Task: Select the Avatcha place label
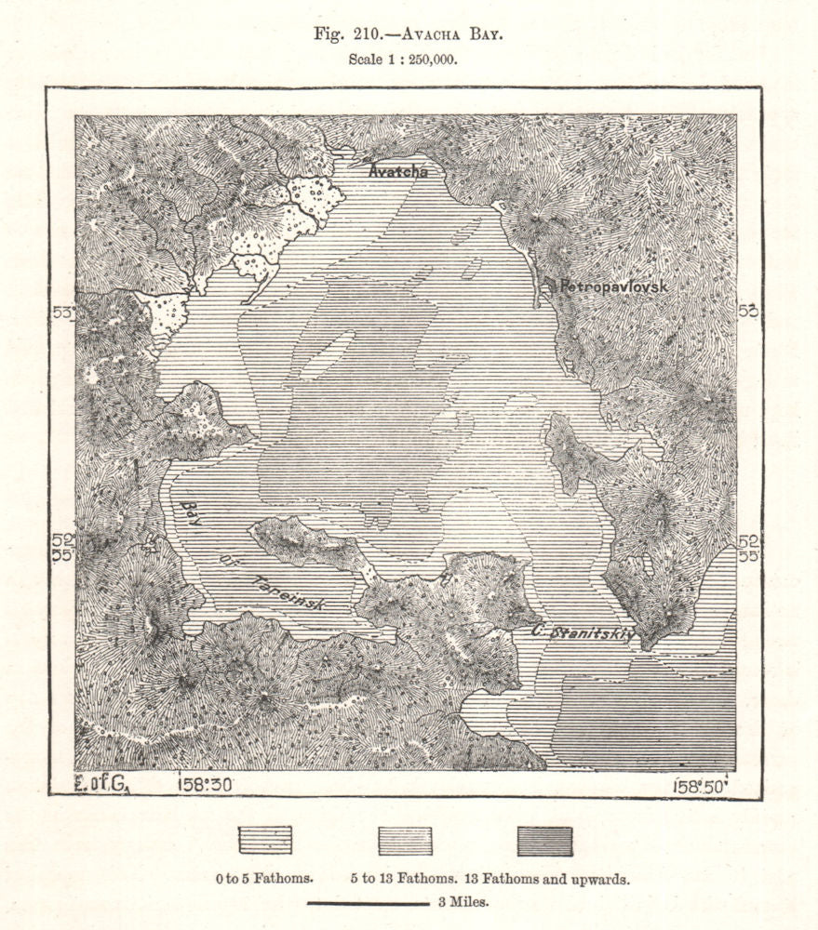(398, 171)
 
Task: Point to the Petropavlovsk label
(610, 287)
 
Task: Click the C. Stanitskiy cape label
(583, 633)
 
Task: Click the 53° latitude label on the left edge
(62, 313)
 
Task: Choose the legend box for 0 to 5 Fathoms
(265, 840)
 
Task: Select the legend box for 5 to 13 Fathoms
(405, 840)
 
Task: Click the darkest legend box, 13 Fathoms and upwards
(544, 840)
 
